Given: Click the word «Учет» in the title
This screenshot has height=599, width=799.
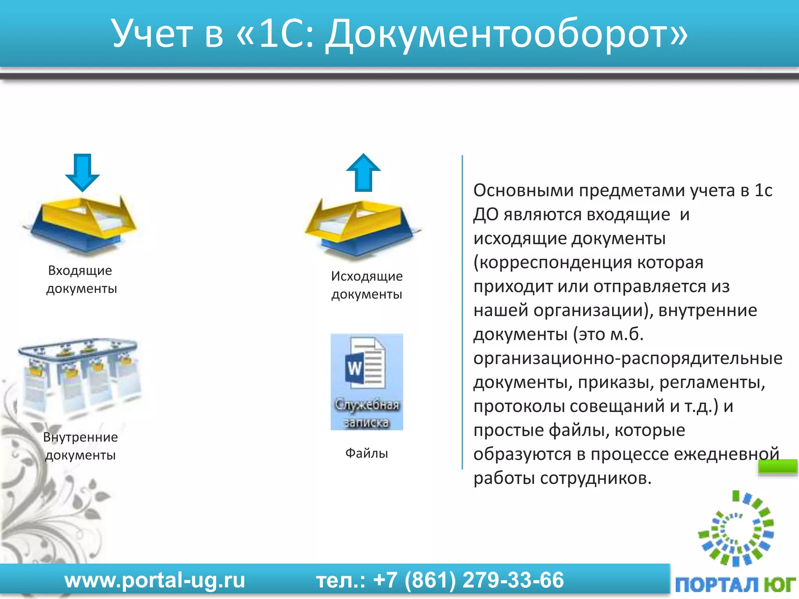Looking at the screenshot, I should tap(153, 34).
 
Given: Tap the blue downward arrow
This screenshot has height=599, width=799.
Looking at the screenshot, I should tap(82, 172).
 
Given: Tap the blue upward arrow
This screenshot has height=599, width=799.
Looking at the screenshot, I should tap(363, 172).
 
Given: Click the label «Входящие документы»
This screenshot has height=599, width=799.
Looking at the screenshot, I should tap(81, 280).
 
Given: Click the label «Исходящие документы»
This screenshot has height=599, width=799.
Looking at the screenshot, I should tap(366, 285).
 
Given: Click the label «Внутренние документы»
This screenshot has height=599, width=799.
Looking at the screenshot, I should tap(80, 446).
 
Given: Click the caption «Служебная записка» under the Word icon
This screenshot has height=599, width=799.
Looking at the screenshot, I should tap(367, 413).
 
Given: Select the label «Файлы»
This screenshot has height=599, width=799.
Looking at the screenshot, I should tap(366, 453).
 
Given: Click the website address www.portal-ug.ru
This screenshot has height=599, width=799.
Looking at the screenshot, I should tap(154, 580).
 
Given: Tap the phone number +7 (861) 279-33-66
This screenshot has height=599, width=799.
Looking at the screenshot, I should tap(468, 580).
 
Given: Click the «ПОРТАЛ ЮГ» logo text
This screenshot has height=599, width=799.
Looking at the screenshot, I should tap(735, 585).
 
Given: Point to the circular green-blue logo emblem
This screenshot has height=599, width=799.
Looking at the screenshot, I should tap(736, 528).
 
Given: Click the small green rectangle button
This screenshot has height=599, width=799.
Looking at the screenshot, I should tap(777, 467).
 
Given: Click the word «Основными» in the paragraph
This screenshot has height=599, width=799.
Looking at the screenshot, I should tap(523, 190).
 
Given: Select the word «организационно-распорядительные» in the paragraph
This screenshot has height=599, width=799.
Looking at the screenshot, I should tap(627, 358).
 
